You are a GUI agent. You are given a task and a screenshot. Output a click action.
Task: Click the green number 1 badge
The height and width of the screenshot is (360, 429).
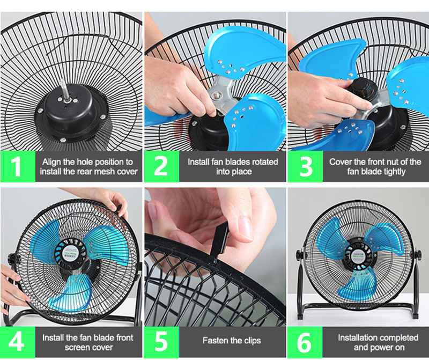[x=18, y=166]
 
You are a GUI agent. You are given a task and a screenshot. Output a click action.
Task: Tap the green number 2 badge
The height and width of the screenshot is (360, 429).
[x=162, y=166]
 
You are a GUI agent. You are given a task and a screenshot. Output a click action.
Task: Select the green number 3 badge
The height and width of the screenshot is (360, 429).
[x=305, y=166]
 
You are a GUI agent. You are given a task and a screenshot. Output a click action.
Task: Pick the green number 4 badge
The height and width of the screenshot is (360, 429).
[x=18, y=342]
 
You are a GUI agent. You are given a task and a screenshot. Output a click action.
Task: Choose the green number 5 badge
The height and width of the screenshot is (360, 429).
[x=161, y=342]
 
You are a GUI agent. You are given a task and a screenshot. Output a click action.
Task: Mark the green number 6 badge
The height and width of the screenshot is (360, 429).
[x=305, y=342]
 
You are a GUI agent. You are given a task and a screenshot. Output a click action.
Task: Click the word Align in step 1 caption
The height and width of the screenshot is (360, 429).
[x=51, y=162]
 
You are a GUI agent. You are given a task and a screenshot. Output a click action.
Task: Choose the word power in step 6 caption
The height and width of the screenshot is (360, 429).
[x=380, y=348]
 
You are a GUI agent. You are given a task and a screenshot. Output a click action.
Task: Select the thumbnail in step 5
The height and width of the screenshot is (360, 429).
[x=245, y=229]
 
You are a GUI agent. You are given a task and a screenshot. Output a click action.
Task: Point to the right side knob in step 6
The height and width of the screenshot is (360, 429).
[x=418, y=255]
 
